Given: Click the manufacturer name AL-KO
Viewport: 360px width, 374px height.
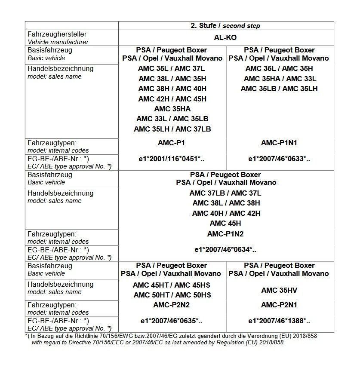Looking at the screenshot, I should point(225,38).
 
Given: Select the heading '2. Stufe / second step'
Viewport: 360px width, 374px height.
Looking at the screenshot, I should point(225,26).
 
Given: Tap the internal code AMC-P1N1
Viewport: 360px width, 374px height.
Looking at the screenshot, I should point(279,143).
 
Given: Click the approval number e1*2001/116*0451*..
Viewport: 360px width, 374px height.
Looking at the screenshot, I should point(172,159).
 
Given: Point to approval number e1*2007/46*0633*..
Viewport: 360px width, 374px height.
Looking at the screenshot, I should point(279,159).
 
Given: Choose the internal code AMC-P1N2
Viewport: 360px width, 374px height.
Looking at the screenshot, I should point(225,234).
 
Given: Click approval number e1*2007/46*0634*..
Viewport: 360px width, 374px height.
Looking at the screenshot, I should point(225,249).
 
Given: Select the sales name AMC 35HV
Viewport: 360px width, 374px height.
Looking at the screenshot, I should point(279,290).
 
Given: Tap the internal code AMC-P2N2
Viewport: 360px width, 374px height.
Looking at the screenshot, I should point(172,305).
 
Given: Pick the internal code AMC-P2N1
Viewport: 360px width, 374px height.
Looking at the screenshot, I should point(279,305).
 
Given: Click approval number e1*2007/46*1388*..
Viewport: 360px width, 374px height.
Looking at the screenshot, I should point(279,321).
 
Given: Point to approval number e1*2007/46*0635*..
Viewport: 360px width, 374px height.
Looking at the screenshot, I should point(172,321).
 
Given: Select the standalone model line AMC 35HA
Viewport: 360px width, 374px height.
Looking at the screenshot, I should point(172,109).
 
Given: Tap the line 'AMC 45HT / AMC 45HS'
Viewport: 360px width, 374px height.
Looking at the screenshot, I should point(172,285).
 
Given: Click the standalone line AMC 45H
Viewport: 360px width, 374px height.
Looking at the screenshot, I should point(225,223).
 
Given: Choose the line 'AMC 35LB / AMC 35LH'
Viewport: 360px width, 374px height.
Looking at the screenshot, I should point(279,89).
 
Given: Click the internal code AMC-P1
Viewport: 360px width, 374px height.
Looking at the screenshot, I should point(172,143).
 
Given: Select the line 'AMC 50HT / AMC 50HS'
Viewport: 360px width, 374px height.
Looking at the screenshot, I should point(172,295).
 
